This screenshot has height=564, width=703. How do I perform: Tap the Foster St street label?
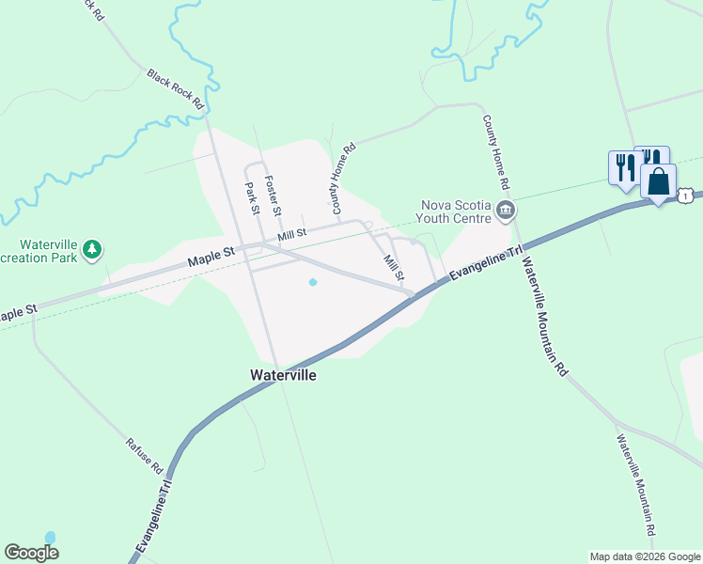pos(273,195)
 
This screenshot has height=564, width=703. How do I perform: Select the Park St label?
pos(251,198)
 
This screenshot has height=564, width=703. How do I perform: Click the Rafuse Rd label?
pos(145,455)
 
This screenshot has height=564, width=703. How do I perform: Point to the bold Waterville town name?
pos(283,374)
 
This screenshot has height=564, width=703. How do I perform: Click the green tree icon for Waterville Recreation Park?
pos(92,249)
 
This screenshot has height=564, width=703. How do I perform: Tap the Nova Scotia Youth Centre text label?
pos(456,211)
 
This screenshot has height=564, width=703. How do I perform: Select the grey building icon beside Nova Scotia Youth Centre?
pos(507,210)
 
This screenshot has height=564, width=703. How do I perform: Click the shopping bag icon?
pos(659,180)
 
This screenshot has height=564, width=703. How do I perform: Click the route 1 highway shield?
pos(687,195)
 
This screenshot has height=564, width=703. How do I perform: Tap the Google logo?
pos(32,553)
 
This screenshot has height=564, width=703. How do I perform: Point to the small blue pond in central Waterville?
pos(313,281)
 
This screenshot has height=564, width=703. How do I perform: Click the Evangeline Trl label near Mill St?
pos(485,264)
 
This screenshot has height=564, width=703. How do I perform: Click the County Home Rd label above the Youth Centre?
pos(501,151)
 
